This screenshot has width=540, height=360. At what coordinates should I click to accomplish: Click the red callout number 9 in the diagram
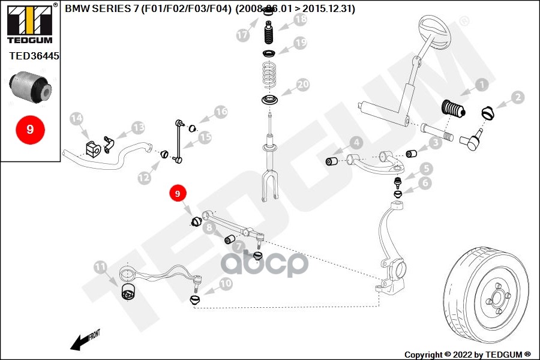click(178, 194)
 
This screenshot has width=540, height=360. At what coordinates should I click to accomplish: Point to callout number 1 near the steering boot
click(481, 86)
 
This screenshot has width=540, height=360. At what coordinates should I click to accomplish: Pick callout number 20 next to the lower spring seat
click(302, 85)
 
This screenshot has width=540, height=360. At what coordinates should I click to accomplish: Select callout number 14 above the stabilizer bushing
click(76, 120)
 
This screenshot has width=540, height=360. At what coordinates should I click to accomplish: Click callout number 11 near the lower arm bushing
click(100, 266)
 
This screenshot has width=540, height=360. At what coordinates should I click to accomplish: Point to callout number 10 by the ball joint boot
click(226, 284)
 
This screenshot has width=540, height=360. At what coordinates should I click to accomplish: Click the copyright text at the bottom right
click(467, 354)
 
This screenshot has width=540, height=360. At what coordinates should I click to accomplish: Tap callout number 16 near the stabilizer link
click(221, 112)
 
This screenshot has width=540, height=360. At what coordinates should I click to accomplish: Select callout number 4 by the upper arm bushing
click(356, 143)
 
